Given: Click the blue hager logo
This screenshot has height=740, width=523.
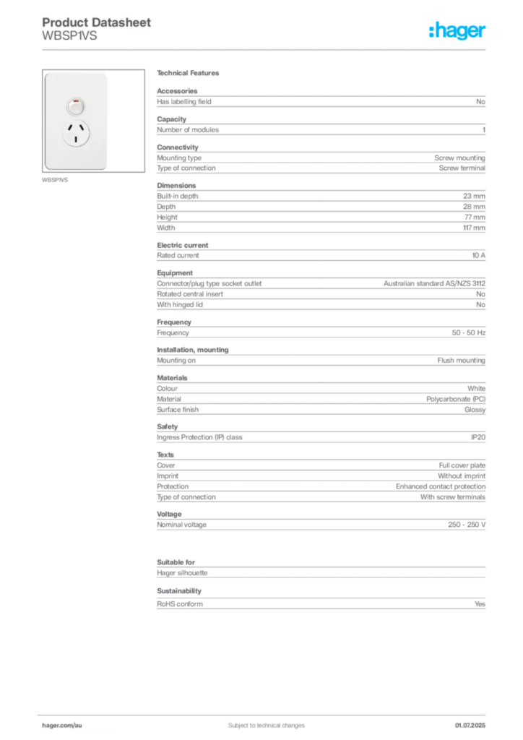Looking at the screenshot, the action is [459, 32].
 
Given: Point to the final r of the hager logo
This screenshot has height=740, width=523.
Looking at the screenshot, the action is [485, 33].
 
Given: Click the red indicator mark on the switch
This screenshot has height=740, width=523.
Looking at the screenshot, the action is [75, 102].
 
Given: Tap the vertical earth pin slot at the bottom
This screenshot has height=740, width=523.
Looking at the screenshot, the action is [75, 142].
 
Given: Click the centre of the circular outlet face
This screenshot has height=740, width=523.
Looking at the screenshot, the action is [75, 134].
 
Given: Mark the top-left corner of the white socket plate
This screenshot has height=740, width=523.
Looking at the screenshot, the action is [45, 73].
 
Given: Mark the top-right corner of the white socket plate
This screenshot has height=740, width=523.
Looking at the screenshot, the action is [108, 73].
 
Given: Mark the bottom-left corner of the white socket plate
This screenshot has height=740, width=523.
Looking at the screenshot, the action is [45, 169].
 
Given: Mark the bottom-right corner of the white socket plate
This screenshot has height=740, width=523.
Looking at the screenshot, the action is [108, 169].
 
